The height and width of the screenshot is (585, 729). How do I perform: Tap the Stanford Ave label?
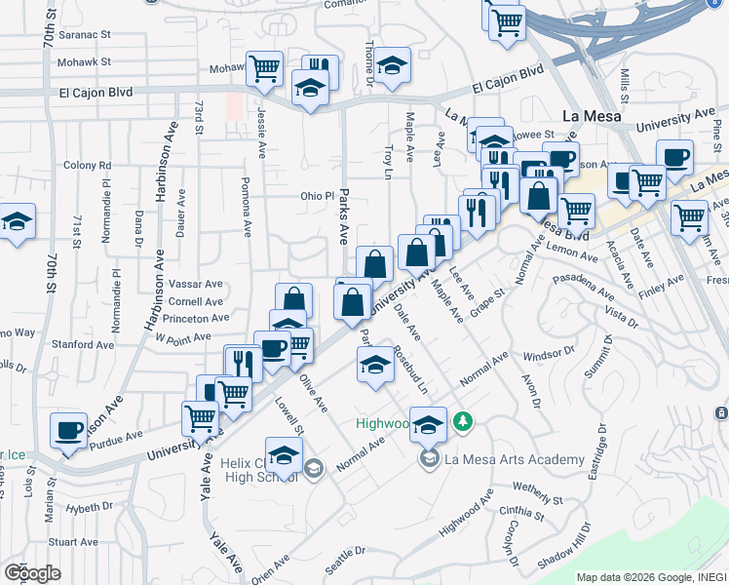coord(77,344)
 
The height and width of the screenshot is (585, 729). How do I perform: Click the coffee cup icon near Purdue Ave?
coord(68,431)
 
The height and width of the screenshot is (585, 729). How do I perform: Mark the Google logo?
coord(31,573)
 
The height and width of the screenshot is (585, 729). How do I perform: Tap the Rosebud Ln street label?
coord(409,370)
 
